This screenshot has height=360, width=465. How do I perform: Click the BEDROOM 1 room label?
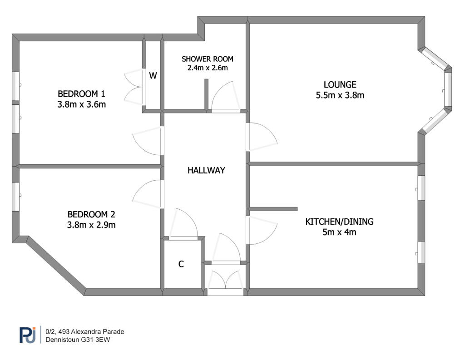pyautogui.click(x=81, y=94)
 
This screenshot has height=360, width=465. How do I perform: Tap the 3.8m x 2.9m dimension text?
pyautogui.click(x=91, y=225)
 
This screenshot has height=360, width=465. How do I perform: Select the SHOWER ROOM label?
pyautogui.click(x=207, y=59)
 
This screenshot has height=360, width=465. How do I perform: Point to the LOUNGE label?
pyautogui.click(x=340, y=85)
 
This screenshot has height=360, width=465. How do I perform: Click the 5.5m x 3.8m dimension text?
pyautogui.click(x=340, y=95)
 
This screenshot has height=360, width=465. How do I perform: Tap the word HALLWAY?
pyautogui.click(x=206, y=170)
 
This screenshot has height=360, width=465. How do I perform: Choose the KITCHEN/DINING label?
pyautogui.click(x=339, y=222)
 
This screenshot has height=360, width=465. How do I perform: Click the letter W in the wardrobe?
pyautogui.click(x=153, y=76)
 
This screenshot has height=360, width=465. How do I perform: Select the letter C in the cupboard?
pyautogui.click(x=181, y=264)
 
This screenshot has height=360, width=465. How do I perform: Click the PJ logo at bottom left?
pyautogui.click(x=28, y=335)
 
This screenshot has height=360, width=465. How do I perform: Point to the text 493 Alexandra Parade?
pyautogui.click(x=91, y=331)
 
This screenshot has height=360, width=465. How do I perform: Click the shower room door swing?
pyautogui.click(x=226, y=96)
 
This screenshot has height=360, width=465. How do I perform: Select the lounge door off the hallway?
pyautogui.click(x=262, y=137)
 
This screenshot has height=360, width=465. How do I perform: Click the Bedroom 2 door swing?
pyautogui.click(x=148, y=194)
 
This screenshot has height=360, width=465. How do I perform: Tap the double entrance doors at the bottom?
pyautogui.click(x=225, y=280)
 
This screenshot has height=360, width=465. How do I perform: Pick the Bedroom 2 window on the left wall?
pyautogui.click(x=16, y=197)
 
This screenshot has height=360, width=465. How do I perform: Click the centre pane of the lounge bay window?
pyautogui.click(x=448, y=89)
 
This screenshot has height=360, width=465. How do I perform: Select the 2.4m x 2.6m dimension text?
pyautogui.click(x=207, y=68)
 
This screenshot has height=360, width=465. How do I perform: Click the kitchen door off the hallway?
pyautogui.click(x=262, y=231)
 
